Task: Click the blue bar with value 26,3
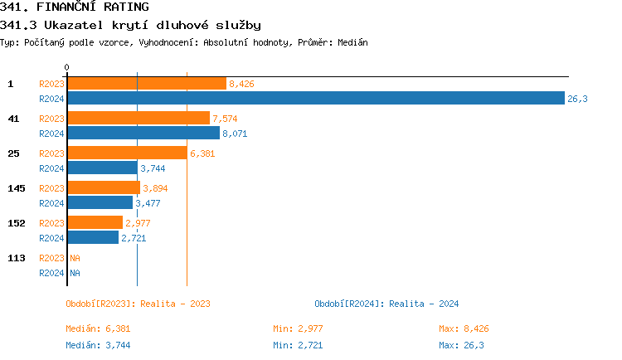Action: point(315,99)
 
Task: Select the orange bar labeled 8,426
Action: point(146,83)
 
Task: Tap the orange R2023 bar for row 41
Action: point(138,118)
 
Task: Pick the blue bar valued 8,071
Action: point(143,133)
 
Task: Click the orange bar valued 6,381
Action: point(126,153)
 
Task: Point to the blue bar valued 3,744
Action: point(101,168)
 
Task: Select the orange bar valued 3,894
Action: point(103,187)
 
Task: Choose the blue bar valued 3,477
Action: point(100,202)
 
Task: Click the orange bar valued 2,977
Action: point(95,222)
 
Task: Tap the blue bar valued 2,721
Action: point(92,237)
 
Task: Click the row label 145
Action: point(17,188)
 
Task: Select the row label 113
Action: point(17,258)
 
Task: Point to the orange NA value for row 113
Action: point(75,258)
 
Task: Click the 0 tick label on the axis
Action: point(67,67)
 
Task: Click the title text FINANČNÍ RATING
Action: point(93,7)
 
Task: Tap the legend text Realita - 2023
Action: point(175,304)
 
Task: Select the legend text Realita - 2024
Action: point(424,304)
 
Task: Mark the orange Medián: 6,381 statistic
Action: point(98,329)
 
